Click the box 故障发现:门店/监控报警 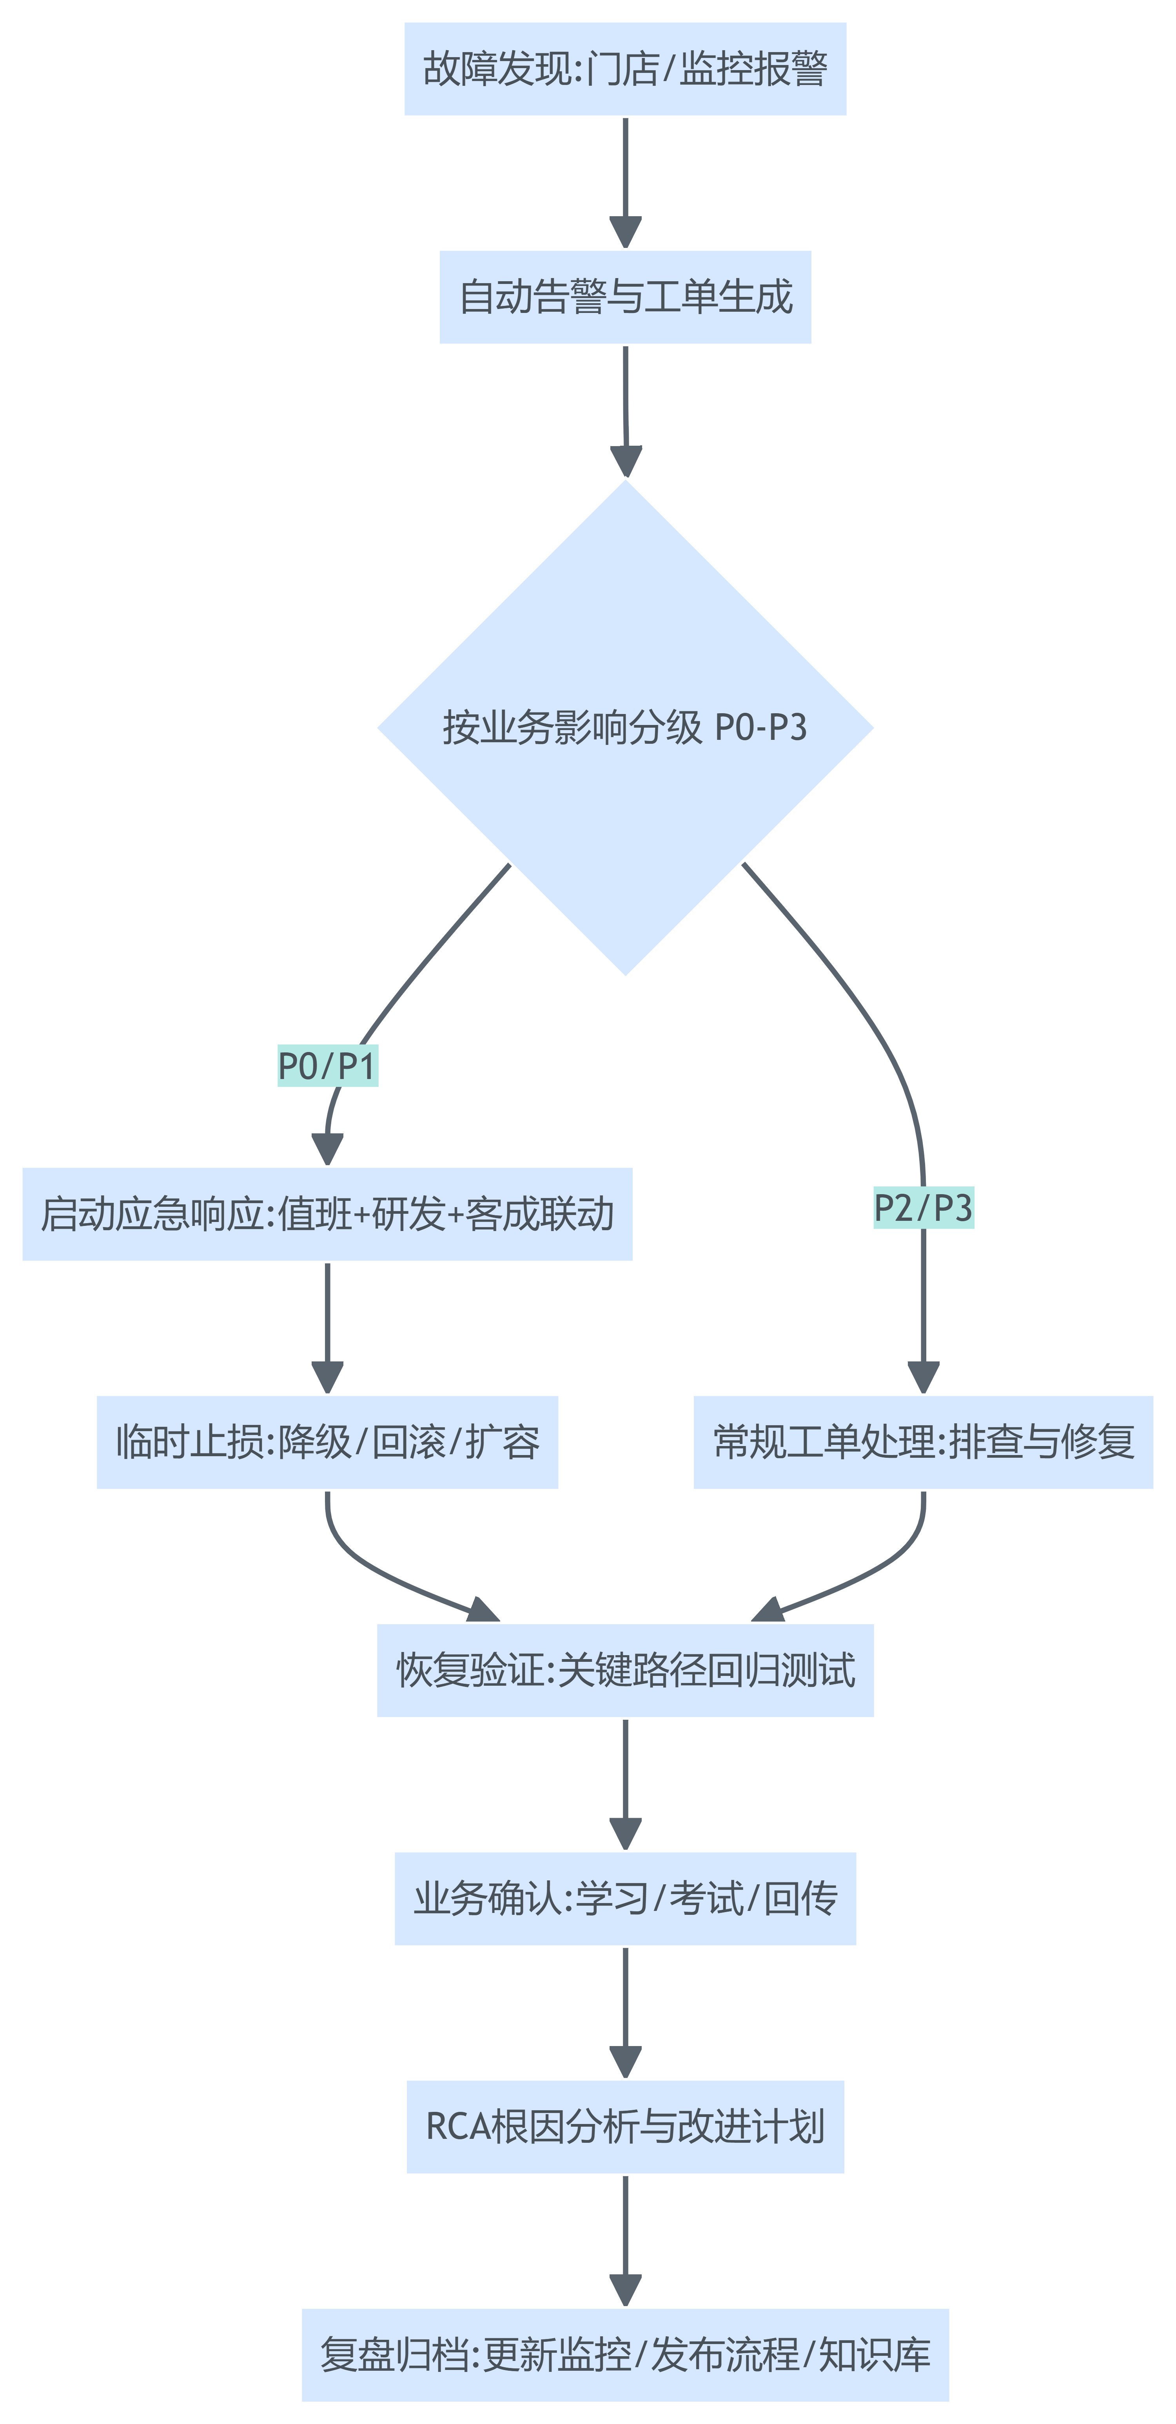pos(625,69)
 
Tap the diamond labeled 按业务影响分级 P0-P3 pos(625,727)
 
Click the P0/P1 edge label pos(328,1066)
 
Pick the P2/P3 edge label pos(924,1207)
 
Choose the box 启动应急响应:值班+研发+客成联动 pos(328,1214)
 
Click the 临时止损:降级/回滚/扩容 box pos(328,1442)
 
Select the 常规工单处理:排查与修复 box pos(924,1442)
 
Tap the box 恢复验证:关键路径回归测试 pos(625,1670)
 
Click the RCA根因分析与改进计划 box pos(625,2127)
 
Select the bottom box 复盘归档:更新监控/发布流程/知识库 pos(625,2354)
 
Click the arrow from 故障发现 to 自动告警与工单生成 pos(625,179)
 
